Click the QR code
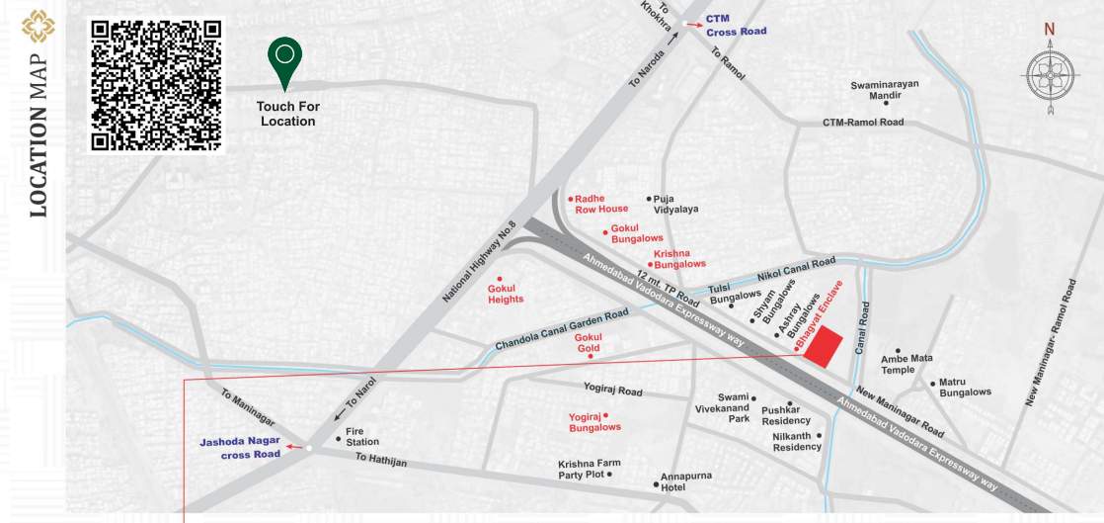(x=156, y=84)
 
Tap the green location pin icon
(x=285, y=62)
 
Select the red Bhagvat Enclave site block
(x=823, y=348)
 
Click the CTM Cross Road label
(x=736, y=25)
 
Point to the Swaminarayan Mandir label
(x=885, y=90)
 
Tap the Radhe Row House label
(x=601, y=204)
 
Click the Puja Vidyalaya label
(x=675, y=204)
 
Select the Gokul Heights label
(x=505, y=294)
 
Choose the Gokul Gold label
(x=589, y=343)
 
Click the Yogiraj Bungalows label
(x=594, y=422)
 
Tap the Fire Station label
(x=361, y=436)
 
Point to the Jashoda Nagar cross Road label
(x=240, y=448)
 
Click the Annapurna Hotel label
(x=685, y=481)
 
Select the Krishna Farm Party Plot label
(x=589, y=469)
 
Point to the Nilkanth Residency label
(x=797, y=441)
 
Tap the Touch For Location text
(x=287, y=114)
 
